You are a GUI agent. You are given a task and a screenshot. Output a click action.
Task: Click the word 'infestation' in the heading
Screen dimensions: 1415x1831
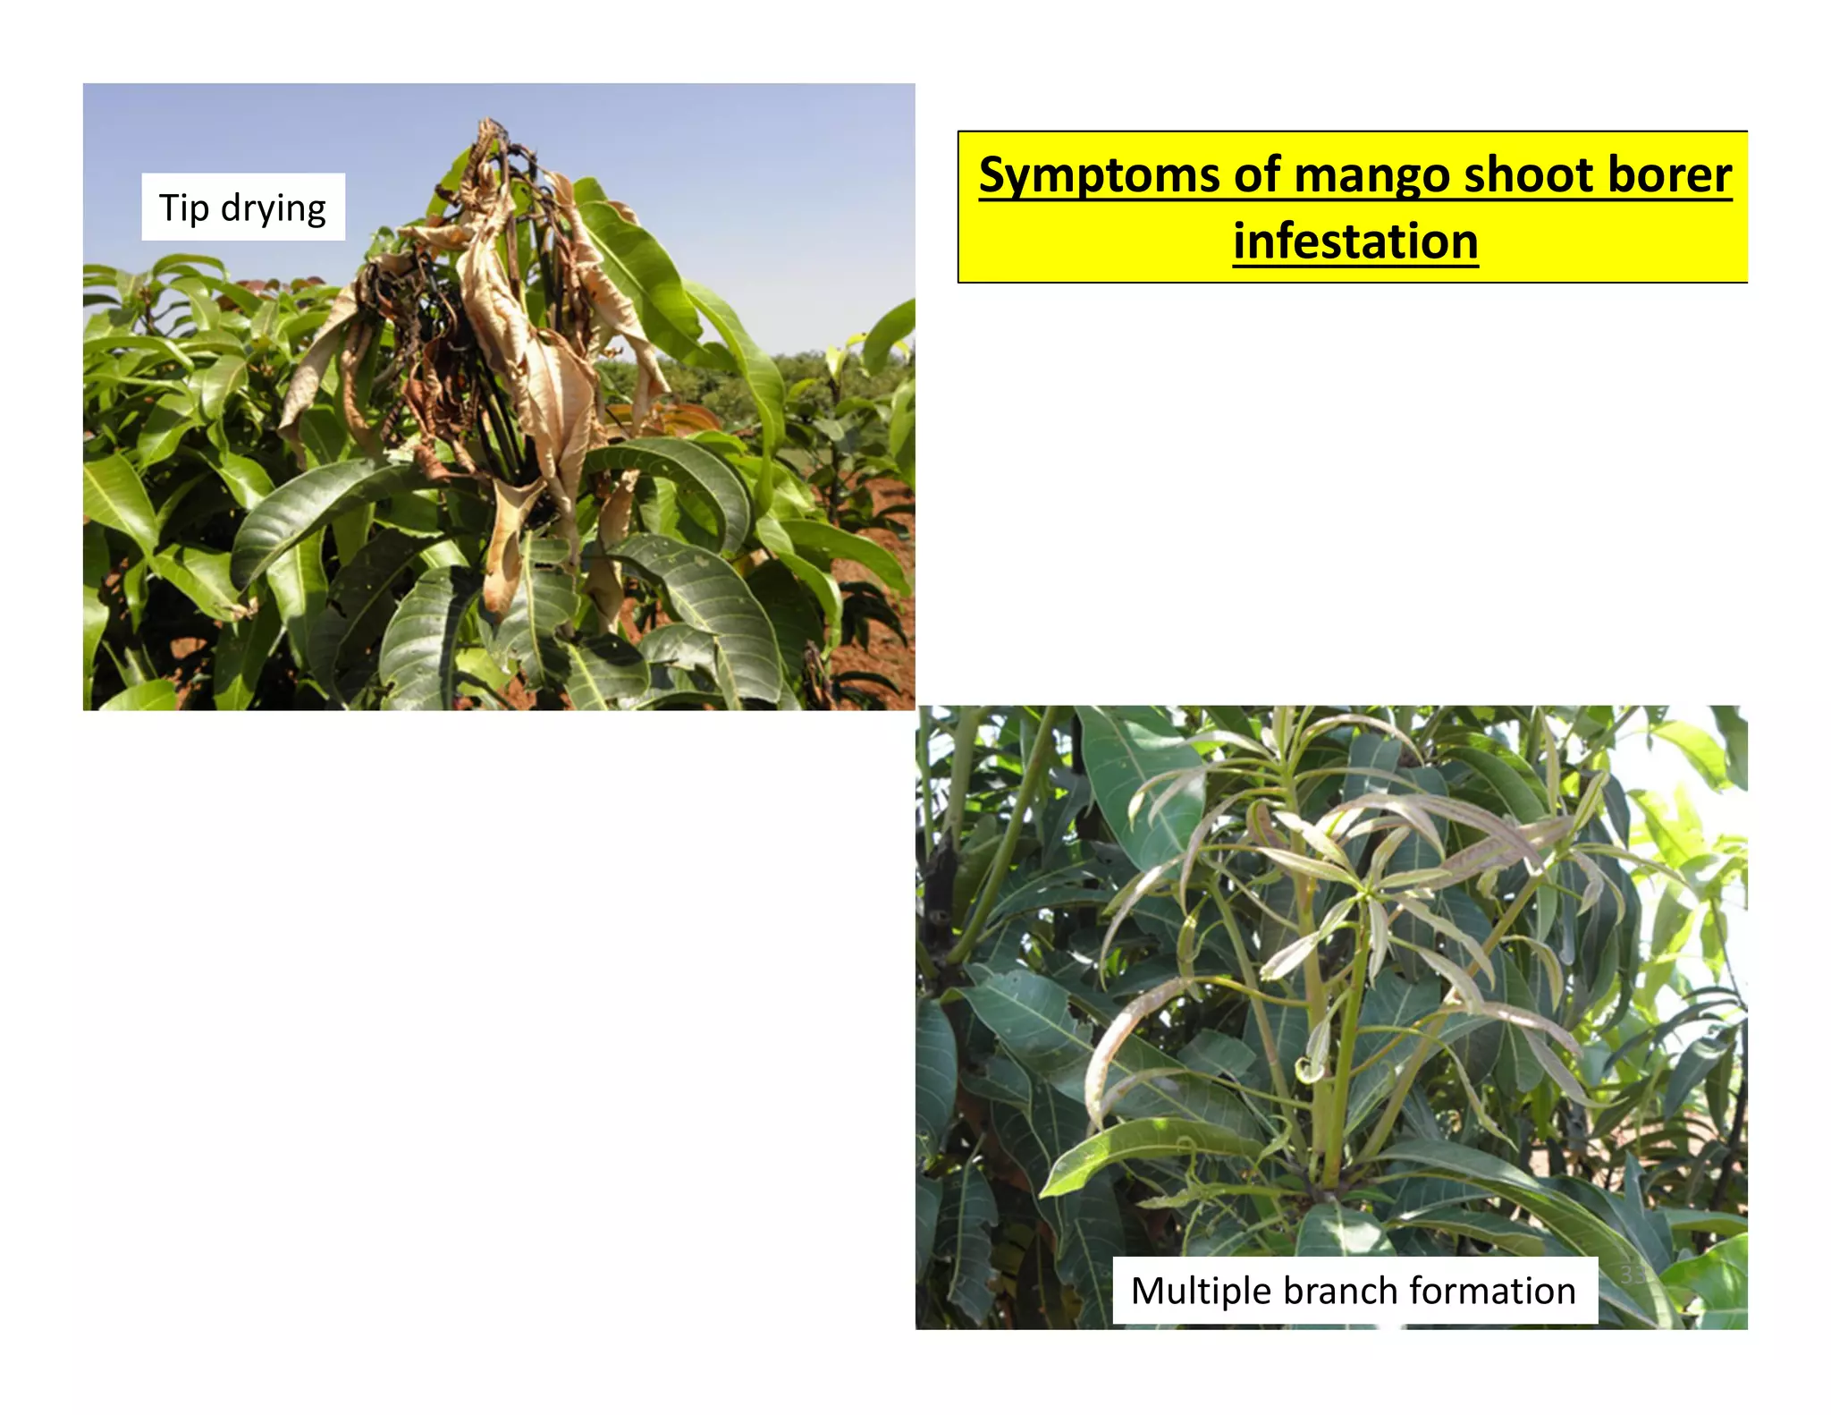(x=1355, y=241)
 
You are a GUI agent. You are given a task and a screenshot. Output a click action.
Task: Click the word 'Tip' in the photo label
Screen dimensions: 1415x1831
(x=183, y=208)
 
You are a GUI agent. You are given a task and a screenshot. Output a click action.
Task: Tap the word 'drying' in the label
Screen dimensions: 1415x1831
(x=273, y=209)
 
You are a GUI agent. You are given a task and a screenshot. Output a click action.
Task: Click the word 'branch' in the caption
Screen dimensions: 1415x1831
(x=1341, y=1291)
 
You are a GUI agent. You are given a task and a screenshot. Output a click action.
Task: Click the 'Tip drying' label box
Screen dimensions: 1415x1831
(x=243, y=207)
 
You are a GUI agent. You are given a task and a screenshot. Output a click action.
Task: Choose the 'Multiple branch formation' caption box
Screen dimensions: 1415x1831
(x=1354, y=1291)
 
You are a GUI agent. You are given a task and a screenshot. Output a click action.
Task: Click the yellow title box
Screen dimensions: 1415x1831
(x=1353, y=208)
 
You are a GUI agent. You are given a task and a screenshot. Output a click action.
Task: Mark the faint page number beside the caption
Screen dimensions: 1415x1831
(x=1633, y=1273)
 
